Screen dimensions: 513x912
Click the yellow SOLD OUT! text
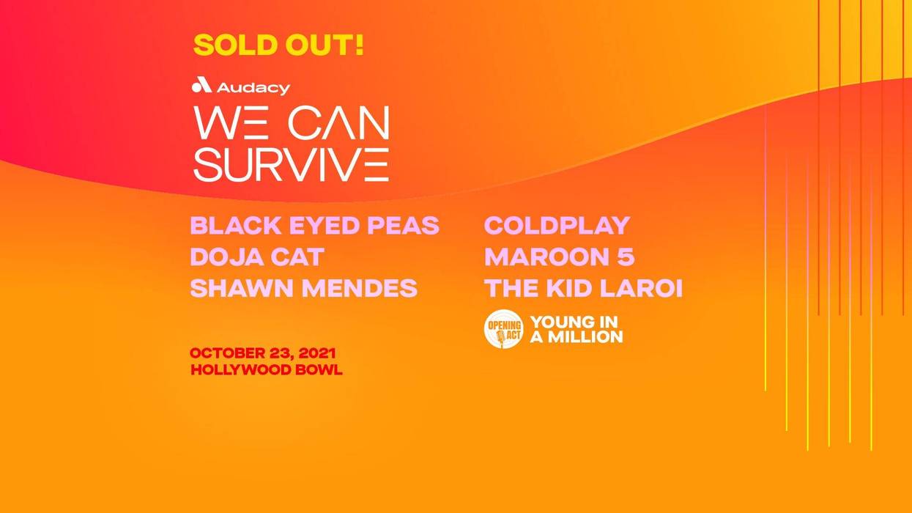pos(278,45)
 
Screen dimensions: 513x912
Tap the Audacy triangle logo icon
pos(201,86)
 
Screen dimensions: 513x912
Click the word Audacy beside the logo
pos(253,87)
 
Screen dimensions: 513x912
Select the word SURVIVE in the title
pos(291,164)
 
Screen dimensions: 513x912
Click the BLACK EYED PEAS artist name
pos(314,225)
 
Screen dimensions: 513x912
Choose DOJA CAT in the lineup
pos(256,257)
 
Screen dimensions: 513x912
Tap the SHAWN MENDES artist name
pos(303,288)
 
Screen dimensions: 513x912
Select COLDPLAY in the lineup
pos(557,225)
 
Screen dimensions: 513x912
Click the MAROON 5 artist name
pos(559,257)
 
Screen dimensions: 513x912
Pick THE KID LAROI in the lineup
pos(583,288)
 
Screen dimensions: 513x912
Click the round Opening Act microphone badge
pos(503,329)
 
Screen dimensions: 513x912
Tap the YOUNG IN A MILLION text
pos(576,329)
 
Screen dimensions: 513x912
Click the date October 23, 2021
pos(263,353)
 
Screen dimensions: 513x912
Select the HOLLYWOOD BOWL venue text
pos(266,370)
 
